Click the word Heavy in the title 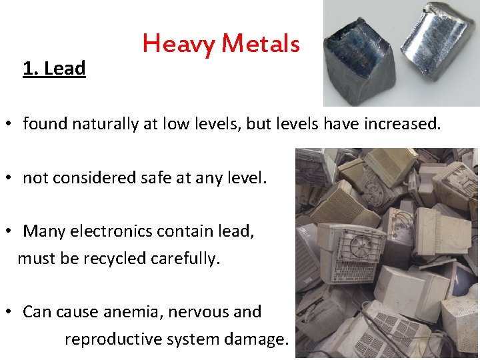(179, 45)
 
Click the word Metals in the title (261, 44)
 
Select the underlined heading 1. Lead (54, 69)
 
